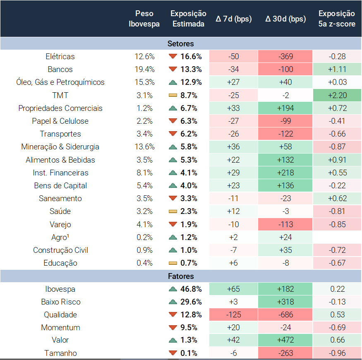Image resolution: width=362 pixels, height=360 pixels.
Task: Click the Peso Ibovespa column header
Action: pyautogui.click(x=144, y=19)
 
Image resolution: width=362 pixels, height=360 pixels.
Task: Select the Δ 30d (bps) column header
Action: pyautogui.click(x=285, y=19)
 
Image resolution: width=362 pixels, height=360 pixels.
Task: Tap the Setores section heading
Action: pyautogui.click(x=181, y=43)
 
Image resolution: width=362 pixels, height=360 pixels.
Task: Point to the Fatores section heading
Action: pyautogui.click(x=181, y=276)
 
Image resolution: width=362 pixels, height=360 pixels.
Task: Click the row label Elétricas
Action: pyautogui.click(x=60, y=57)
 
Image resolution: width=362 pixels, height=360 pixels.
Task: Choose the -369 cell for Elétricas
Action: pyautogui.click(x=285, y=57)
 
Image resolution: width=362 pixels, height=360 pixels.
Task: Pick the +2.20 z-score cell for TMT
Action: pyautogui.click(x=337, y=96)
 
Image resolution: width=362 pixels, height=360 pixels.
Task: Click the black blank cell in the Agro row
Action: pyautogui.click(x=337, y=238)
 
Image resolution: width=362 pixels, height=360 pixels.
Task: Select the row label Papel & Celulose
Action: pyautogui.click(x=60, y=121)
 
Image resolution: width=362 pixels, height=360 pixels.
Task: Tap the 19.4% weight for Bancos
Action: pyautogui.click(x=144, y=70)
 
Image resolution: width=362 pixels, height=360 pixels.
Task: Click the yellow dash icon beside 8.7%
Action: pyautogui.click(x=173, y=96)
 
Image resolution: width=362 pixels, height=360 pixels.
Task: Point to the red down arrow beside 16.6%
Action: pyautogui.click(x=173, y=57)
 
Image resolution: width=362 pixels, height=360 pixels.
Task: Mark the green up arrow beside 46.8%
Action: pyautogui.click(x=173, y=289)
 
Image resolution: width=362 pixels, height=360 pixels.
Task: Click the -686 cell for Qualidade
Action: pyautogui.click(x=285, y=315)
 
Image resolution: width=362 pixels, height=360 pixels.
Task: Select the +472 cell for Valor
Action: pyautogui.click(x=285, y=340)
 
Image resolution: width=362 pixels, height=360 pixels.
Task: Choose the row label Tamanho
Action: pyautogui.click(x=60, y=353)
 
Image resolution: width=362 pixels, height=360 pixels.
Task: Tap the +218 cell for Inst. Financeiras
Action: pyautogui.click(x=285, y=173)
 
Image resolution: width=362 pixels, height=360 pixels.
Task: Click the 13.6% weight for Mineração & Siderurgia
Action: pyautogui.click(x=144, y=147)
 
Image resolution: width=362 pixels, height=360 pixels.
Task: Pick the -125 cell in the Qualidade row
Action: pyautogui.click(x=233, y=315)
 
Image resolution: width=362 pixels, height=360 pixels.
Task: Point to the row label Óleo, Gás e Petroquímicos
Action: pyautogui.click(x=60, y=82)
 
